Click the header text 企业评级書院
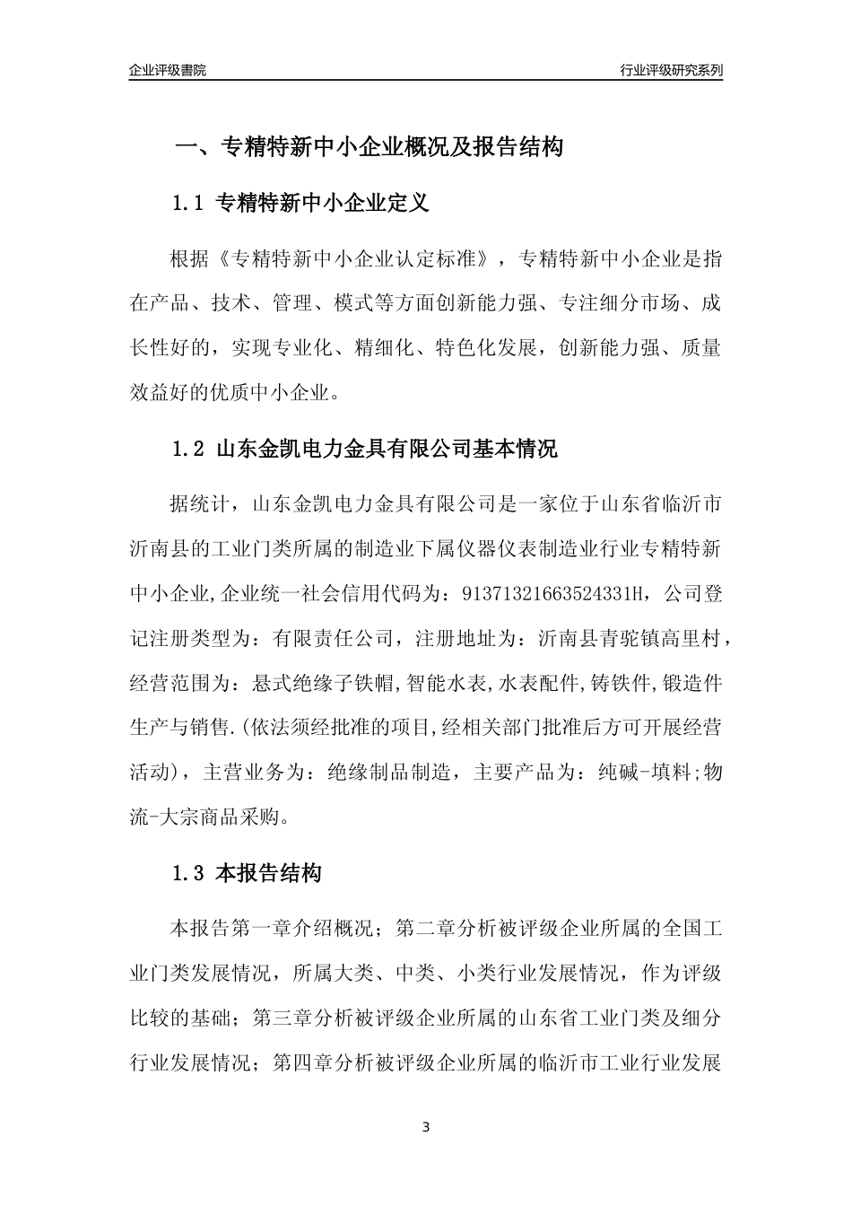pos(168,70)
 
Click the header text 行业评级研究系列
pos(671,70)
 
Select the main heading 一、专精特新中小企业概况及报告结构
pos(368,146)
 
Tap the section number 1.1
pos(189,204)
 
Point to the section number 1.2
pos(189,449)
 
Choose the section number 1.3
pos(189,873)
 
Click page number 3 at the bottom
pos(426,1127)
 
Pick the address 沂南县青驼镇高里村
pos(628,639)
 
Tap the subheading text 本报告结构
pos(269,873)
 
